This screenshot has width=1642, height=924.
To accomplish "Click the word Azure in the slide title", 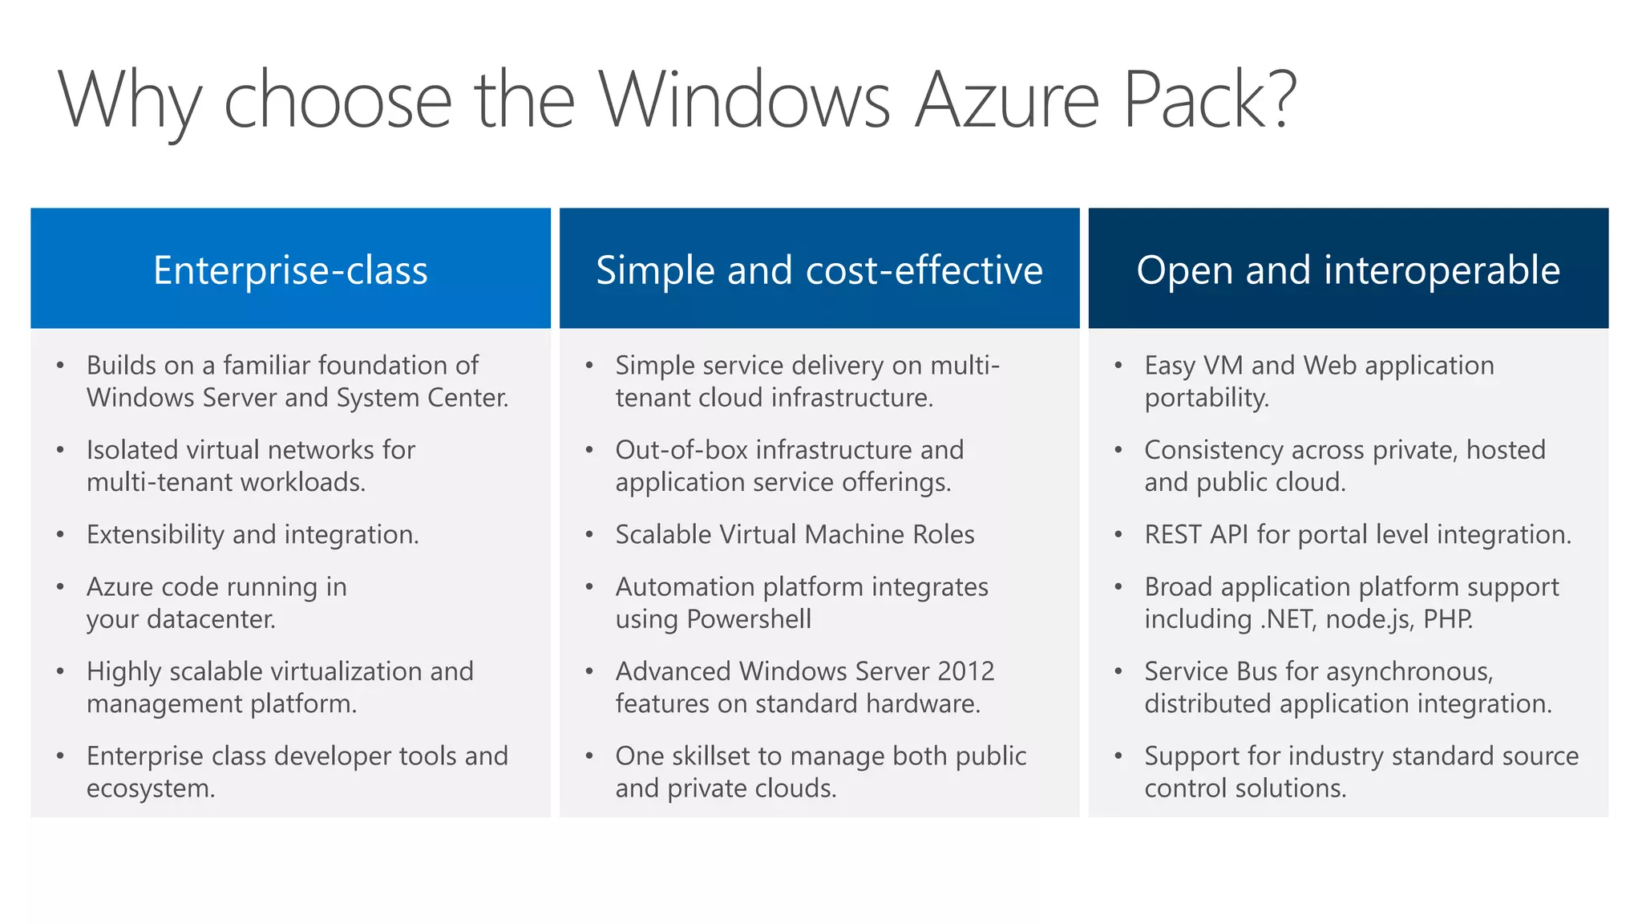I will point(1006,100).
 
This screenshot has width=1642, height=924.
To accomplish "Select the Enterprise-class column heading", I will point(290,270).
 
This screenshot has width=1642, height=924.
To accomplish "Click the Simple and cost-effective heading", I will point(819,270).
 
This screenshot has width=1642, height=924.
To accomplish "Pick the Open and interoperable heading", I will point(1348,270).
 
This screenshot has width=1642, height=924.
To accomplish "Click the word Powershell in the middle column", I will point(749,619).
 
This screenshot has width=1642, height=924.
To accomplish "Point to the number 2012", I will point(966,671).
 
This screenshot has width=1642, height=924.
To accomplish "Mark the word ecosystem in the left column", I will point(150,788).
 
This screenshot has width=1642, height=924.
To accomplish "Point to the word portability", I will point(1206,398).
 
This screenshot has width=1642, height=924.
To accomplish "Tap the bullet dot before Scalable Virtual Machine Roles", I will point(589,535).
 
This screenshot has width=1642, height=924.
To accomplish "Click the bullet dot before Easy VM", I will point(1118,367).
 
